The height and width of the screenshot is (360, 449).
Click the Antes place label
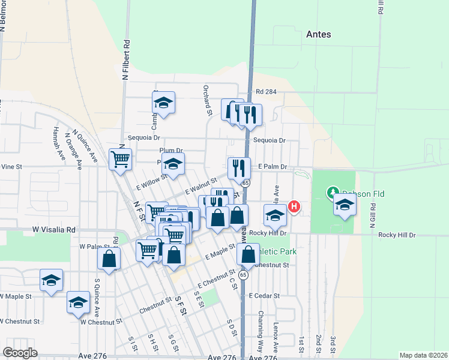(318, 34)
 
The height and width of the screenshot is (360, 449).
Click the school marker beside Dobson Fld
(345, 205)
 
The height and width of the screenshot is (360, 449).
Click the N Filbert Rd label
(126, 60)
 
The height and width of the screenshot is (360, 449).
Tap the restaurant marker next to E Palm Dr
(239, 169)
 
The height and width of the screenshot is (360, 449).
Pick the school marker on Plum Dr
(173, 164)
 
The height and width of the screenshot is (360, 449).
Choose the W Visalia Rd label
(55, 229)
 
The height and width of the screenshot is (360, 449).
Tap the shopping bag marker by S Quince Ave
(109, 259)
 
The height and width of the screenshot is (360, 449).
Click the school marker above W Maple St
(52, 280)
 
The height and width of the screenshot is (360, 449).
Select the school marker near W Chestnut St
(78, 302)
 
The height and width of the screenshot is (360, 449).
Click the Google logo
(20, 352)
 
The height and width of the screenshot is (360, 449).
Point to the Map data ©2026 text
(423, 355)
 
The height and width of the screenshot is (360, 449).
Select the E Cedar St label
(264, 296)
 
